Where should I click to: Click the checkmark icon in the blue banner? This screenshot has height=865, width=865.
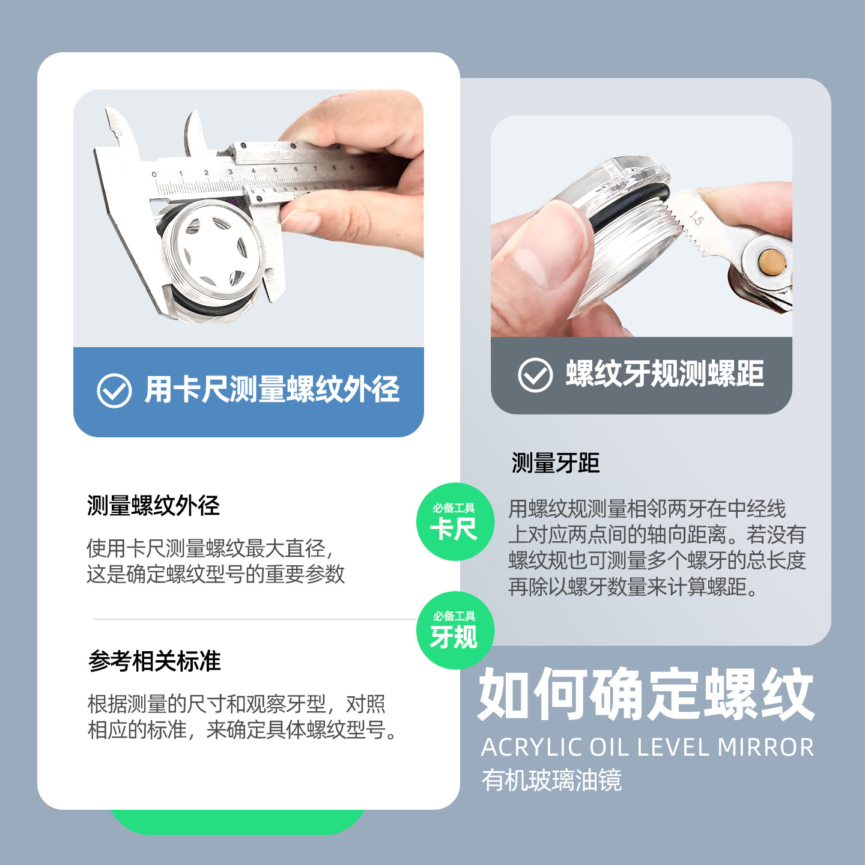(x=114, y=390)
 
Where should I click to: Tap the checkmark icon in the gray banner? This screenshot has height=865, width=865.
(x=535, y=375)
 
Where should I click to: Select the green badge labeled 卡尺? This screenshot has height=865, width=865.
(x=455, y=522)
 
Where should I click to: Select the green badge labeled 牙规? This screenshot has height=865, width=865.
(x=455, y=630)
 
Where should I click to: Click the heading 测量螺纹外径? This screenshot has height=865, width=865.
(x=153, y=506)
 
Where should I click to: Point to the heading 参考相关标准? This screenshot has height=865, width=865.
(x=154, y=661)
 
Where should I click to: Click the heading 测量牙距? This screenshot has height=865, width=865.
(x=555, y=463)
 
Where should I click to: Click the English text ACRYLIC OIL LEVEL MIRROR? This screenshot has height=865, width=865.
(x=647, y=748)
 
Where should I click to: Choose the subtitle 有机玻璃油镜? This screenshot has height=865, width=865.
(x=551, y=780)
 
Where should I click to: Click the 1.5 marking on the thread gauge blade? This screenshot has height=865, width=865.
(x=696, y=218)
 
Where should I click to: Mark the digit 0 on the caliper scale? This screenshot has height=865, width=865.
(x=154, y=175)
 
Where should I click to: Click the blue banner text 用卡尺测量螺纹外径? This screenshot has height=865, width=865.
(x=272, y=389)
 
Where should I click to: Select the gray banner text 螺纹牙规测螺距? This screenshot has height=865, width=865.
(x=664, y=374)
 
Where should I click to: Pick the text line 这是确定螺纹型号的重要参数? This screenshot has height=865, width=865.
(x=216, y=574)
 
